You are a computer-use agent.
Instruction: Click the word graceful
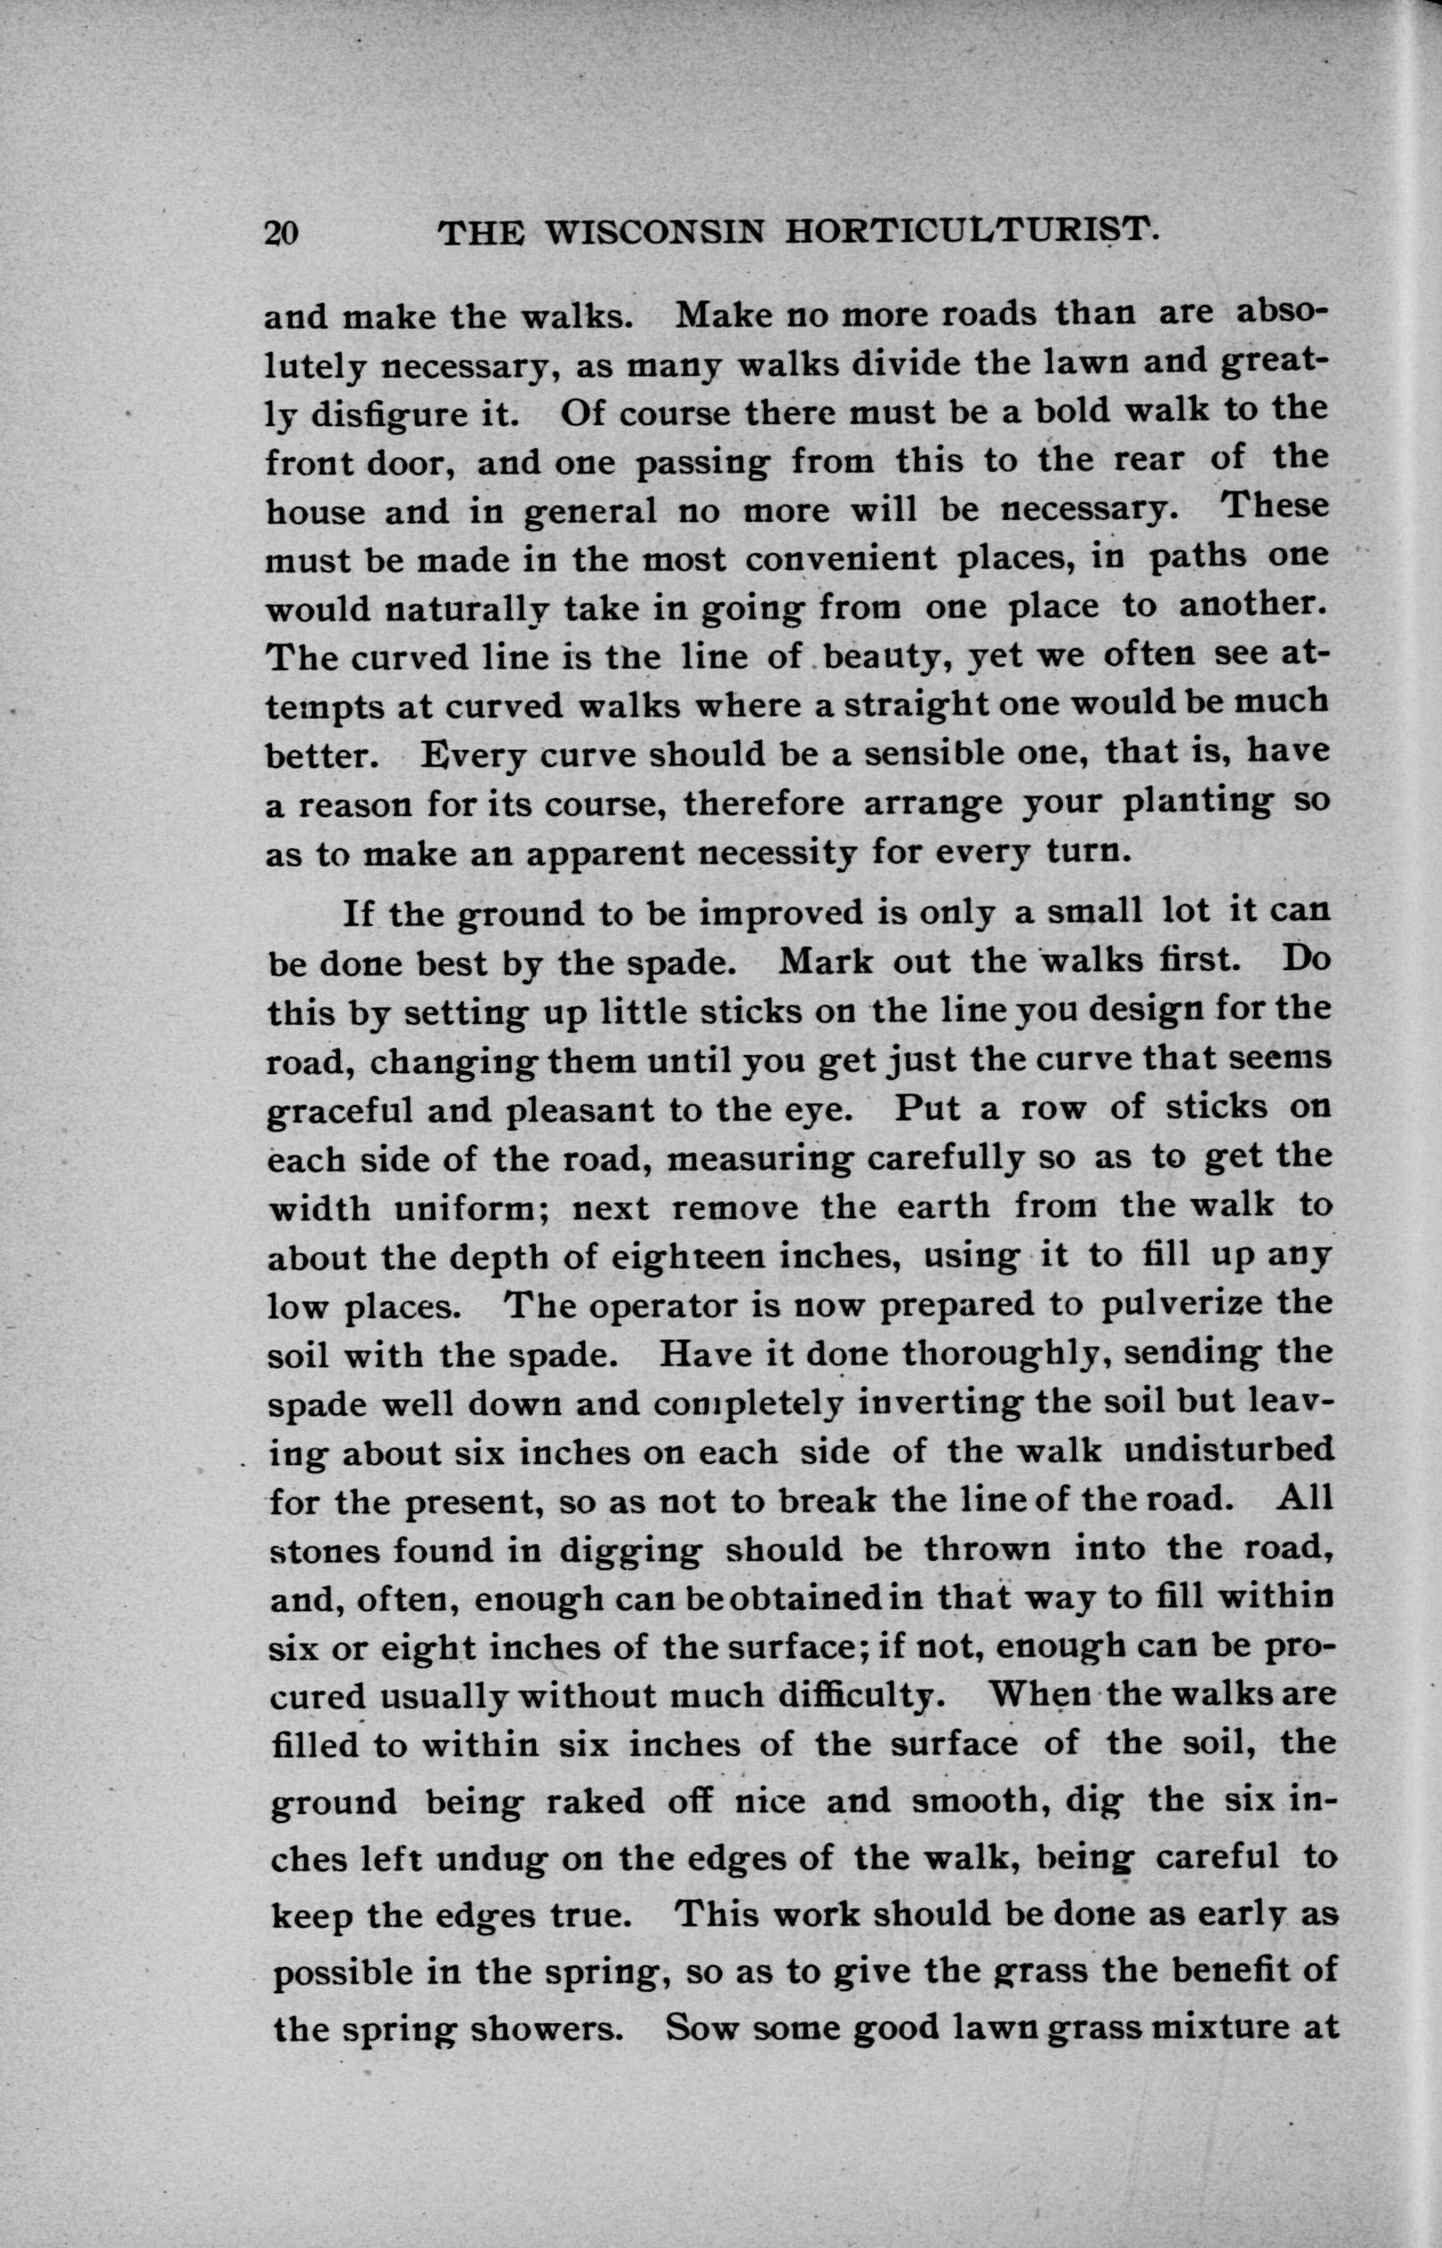(x=341, y=1111)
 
